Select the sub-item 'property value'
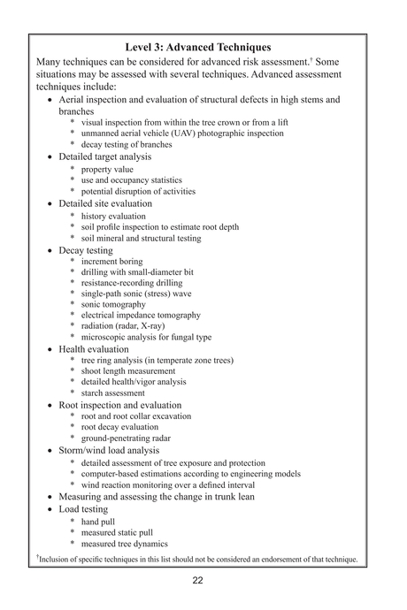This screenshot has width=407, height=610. [107, 169]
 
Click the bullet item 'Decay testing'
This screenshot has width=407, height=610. [85, 250]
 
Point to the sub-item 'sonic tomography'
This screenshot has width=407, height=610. [113, 304]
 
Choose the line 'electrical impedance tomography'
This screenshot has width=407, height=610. [141, 315]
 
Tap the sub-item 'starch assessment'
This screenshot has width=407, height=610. [115, 393]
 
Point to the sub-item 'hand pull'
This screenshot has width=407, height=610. [101, 522]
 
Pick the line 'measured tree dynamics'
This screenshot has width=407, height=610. [124, 544]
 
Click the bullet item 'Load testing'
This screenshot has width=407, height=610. [83, 509]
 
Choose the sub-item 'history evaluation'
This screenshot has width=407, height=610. [113, 216]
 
